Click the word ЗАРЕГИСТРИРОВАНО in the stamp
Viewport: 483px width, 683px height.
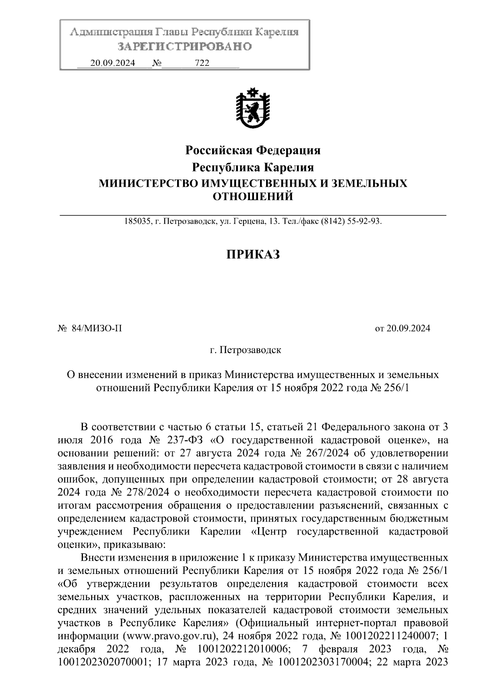[x=184, y=47]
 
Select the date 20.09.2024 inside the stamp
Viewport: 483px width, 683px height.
[x=113, y=64]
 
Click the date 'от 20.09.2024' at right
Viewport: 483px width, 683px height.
[x=402, y=328]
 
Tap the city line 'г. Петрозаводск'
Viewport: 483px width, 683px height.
[x=246, y=350]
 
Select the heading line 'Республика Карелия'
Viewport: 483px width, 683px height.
[x=253, y=167]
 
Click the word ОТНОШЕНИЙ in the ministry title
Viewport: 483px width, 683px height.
[x=252, y=197]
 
